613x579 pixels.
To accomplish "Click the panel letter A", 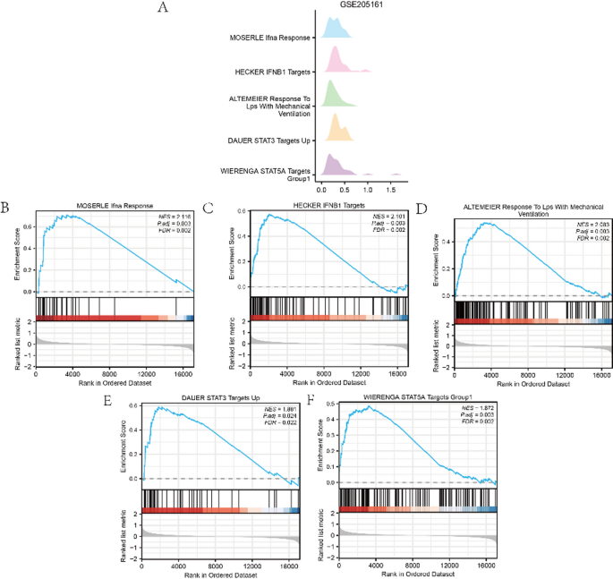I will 162,8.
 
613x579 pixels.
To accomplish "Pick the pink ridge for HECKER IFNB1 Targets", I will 339,62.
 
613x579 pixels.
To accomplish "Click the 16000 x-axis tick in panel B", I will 183,373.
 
